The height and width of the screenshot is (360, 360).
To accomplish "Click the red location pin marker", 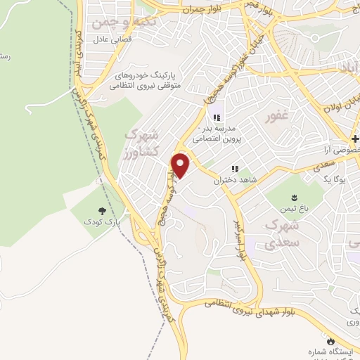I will (181, 166).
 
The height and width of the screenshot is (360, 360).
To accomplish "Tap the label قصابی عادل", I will (108, 41).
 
